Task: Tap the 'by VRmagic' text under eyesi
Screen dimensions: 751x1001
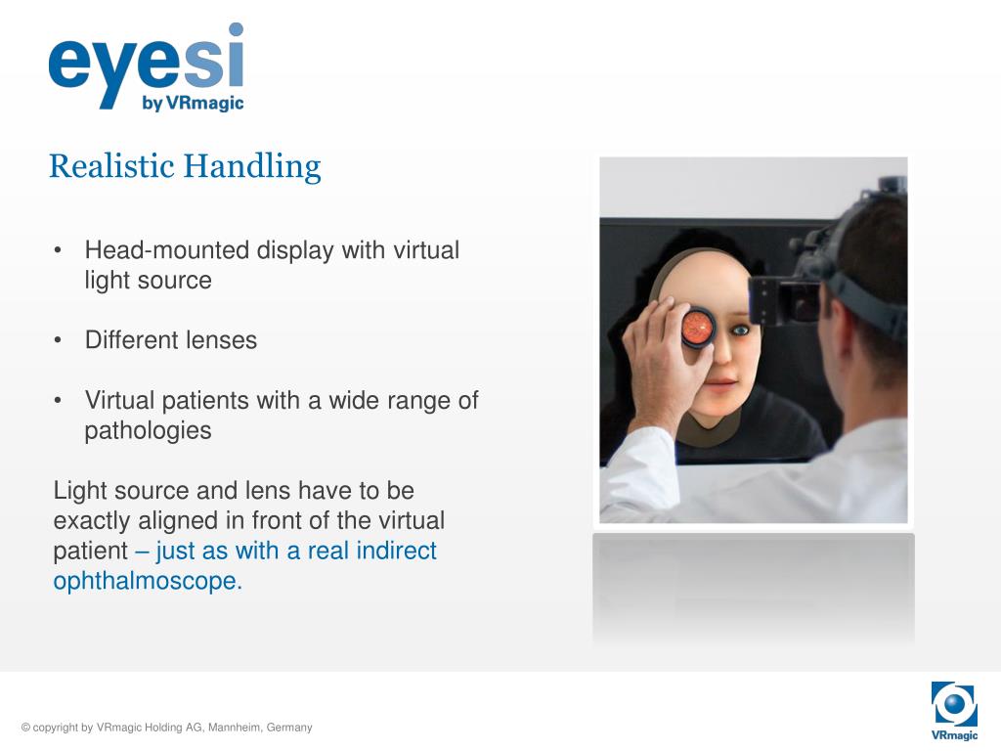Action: pos(193,103)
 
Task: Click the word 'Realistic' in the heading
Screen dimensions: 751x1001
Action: pos(111,166)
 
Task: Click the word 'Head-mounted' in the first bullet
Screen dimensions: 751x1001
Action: pos(167,250)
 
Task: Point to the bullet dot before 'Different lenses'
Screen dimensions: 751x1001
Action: pos(60,340)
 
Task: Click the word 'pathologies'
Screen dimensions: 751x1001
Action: pos(148,430)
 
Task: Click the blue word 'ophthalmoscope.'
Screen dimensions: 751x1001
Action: pos(147,581)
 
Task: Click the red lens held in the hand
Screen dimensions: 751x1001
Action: pos(698,327)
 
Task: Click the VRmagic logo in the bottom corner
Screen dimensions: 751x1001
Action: pos(954,710)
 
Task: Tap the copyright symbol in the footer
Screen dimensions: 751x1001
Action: pos(25,728)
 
